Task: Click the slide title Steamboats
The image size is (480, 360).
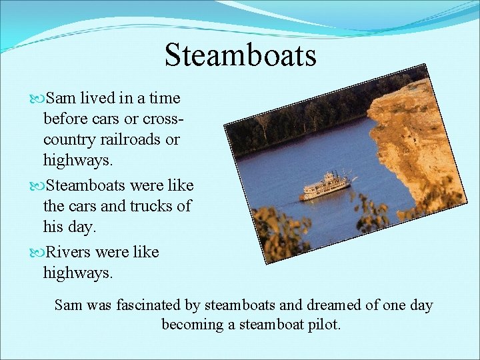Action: pyautogui.click(x=240, y=55)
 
